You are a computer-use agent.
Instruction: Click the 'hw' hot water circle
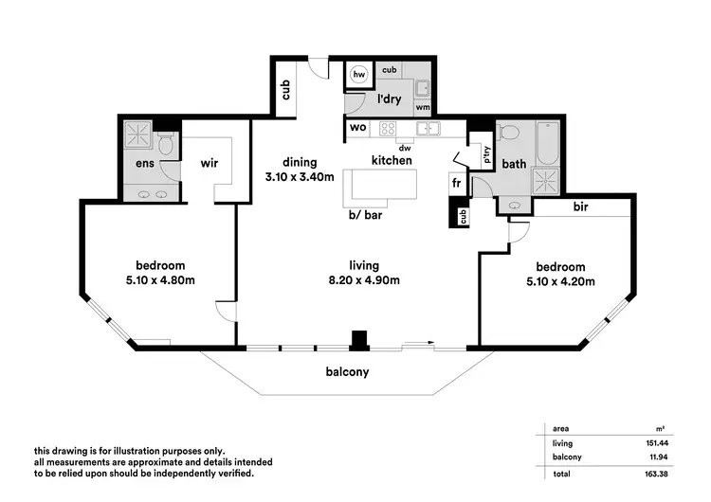click(x=359, y=74)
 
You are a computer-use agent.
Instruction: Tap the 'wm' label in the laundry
click(x=422, y=108)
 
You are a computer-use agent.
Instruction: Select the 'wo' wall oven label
click(x=357, y=127)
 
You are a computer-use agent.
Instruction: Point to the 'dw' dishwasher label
click(x=404, y=147)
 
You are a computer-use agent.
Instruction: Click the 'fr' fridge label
click(x=456, y=183)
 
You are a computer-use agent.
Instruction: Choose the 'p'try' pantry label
click(x=487, y=159)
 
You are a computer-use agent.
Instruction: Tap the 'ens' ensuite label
click(x=144, y=164)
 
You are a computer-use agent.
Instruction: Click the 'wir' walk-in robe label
click(x=210, y=164)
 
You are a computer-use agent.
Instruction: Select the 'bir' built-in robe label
click(x=581, y=206)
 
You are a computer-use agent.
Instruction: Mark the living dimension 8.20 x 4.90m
click(x=363, y=279)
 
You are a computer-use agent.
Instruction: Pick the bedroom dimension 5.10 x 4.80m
click(x=158, y=280)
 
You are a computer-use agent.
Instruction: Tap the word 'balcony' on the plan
click(x=349, y=372)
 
